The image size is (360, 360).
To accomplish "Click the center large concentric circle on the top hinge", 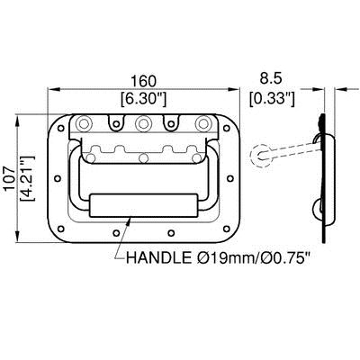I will pos(142,125).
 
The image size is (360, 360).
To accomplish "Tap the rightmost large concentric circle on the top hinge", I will pos(201,123).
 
